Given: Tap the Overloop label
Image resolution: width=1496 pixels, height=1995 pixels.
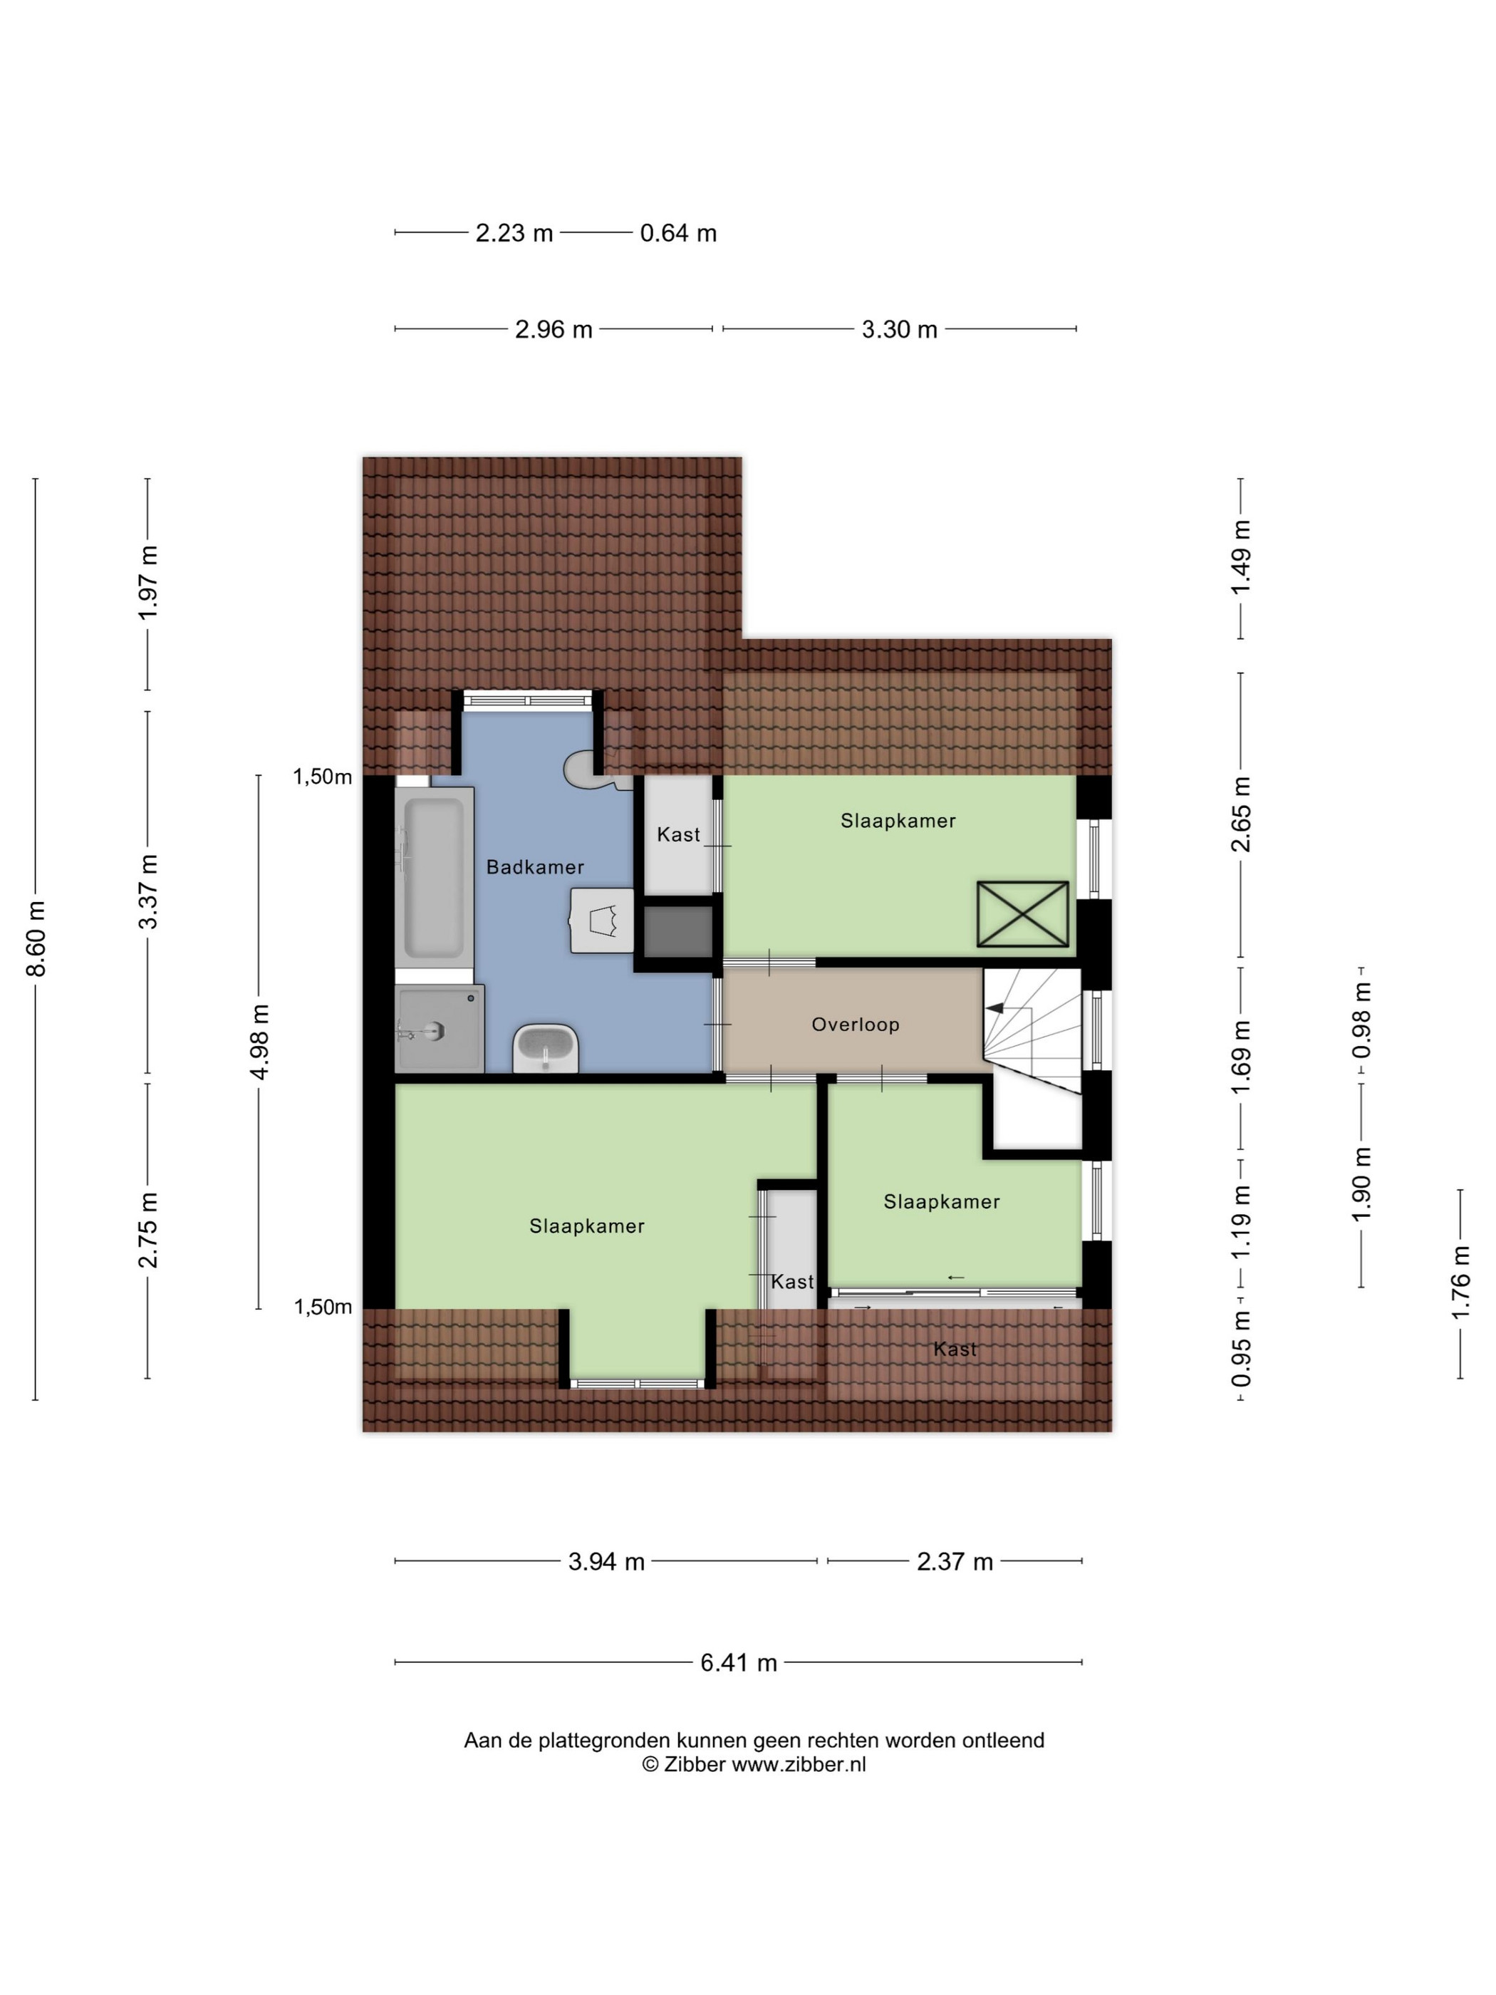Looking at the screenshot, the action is click(x=855, y=1024).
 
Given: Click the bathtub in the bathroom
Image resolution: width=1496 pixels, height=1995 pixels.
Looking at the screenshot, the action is click(x=434, y=876).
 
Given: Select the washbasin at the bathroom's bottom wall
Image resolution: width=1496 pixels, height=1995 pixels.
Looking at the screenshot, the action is click(x=545, y=1048).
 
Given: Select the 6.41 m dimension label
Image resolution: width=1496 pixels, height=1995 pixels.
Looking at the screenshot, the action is click(x=739, y=1662).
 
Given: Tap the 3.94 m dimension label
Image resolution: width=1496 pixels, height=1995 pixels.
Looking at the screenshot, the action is click(x=606, y=1561).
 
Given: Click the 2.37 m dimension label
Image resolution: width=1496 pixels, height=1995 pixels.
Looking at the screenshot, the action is click(x=954, y=1561).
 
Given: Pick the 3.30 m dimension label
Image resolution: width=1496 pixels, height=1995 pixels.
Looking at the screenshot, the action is click(x=899, y=329).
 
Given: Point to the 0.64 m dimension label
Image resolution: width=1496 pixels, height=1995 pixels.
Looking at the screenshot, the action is click(x=678, y=233).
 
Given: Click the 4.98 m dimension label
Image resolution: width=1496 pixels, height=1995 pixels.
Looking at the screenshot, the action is click(x=260, y=1041).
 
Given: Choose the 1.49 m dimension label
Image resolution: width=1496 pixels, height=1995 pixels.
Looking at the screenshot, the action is click(x=1241, y=557).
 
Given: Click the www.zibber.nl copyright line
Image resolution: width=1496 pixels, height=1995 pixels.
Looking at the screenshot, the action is click(x=754, y=1764).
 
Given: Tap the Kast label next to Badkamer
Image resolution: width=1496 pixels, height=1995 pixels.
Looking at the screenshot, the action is click(x=678, y=834).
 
